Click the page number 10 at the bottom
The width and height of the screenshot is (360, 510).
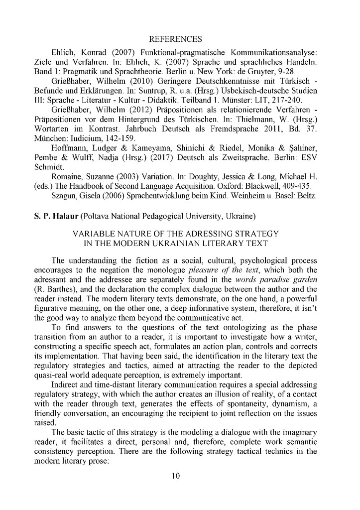coord(175,476)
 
